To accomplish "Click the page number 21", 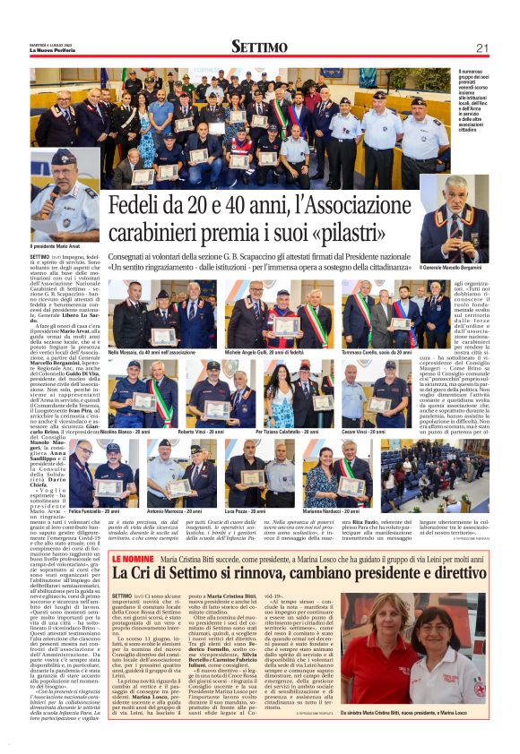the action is (481, 47).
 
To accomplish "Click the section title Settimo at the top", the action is (259, 47).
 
